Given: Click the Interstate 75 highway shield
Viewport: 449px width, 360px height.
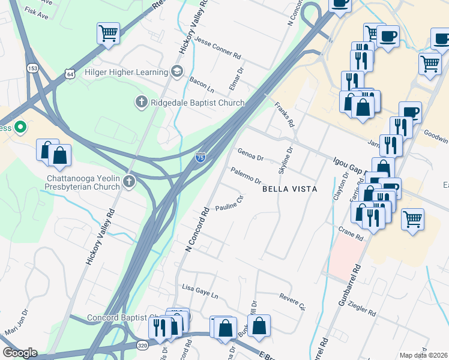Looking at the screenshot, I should [200, 157].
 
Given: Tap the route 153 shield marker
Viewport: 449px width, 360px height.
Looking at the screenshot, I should [32, 68].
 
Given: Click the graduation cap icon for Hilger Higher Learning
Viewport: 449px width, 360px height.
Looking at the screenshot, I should [176, 71].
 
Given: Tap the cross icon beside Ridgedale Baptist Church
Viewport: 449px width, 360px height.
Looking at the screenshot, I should [142, 103].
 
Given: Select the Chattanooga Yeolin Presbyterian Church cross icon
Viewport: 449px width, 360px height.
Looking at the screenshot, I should [129, 182].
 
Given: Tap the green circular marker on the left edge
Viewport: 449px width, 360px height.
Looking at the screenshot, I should [20, 127].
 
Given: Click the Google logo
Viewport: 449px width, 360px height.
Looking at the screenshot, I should [20, 353].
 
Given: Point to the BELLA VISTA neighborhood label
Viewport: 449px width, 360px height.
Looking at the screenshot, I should [289, 188].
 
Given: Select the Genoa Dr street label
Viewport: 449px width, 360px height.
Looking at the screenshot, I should [251, 155].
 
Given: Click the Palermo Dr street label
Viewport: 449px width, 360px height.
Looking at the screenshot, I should [246, 176].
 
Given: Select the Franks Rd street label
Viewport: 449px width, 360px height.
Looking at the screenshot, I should [285, 115].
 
